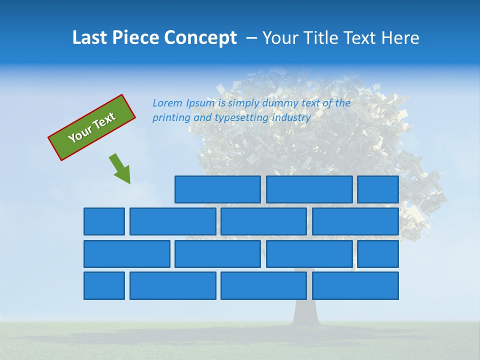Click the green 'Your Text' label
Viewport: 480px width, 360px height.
(91, 127)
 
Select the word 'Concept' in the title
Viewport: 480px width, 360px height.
(201, 38)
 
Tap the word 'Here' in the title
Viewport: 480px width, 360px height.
(400, 38)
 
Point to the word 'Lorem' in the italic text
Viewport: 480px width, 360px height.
(167, 103)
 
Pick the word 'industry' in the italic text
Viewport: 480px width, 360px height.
(291, 118)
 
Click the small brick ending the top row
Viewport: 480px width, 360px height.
(378, 189)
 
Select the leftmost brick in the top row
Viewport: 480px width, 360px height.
(217, 189)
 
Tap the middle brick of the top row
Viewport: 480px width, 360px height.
(309, 189)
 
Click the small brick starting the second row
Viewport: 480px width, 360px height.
(104, 221)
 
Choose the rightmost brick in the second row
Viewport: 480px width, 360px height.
(355, 221)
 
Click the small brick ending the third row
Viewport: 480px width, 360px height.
(378, 254)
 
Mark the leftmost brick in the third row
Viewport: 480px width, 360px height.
(126, 254)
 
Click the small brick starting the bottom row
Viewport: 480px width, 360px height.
(104, 285)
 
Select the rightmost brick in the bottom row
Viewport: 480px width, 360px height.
(355, 285)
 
